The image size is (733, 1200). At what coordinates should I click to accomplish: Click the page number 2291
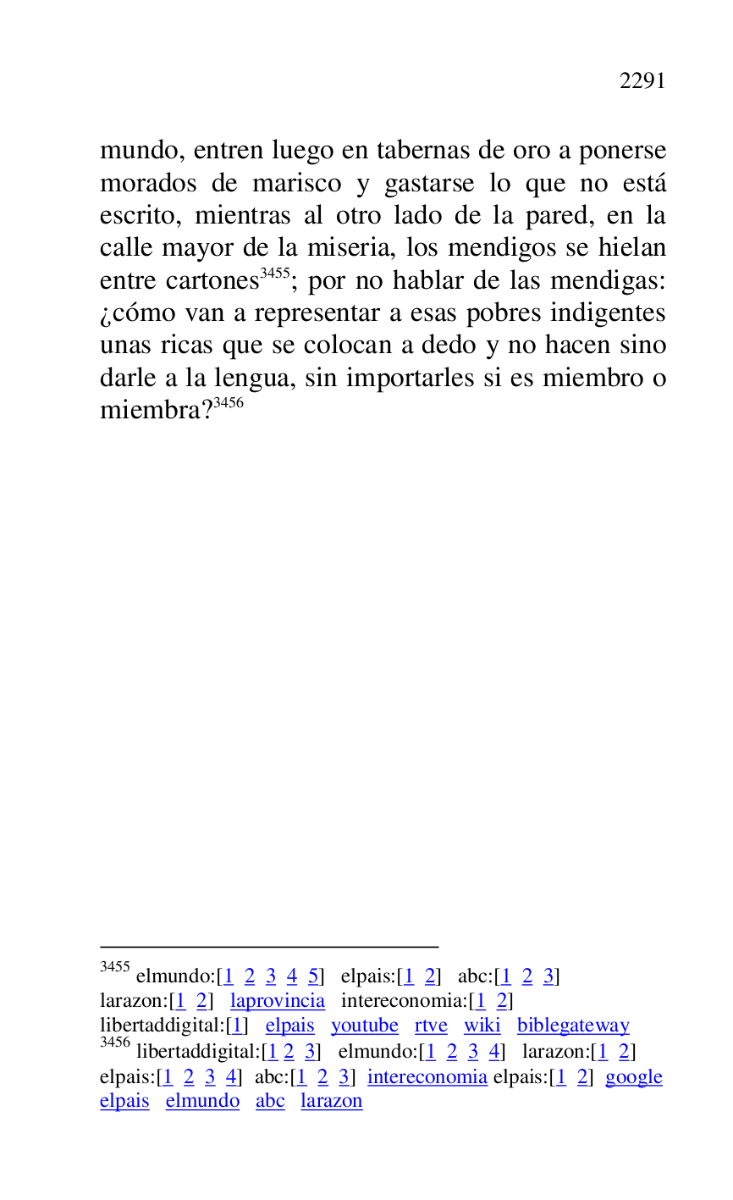642,81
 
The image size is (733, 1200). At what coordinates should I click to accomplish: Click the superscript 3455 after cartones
275,273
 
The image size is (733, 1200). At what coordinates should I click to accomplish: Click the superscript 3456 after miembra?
229,403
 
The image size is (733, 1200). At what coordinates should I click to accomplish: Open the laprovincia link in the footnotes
277,1001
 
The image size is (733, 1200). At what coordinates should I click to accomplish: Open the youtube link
364,1026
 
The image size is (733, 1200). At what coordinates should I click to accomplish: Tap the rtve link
431,1026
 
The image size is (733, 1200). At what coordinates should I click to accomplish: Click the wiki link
482,1026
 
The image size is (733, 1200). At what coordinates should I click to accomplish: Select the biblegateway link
573,1026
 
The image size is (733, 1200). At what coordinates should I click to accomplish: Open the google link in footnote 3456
633,1077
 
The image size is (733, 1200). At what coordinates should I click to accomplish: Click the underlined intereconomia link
427,1077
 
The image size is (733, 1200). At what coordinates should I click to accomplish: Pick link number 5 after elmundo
312,976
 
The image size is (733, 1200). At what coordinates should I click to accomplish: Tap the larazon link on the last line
331,1101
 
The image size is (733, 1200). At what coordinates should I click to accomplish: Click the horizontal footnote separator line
269,947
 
